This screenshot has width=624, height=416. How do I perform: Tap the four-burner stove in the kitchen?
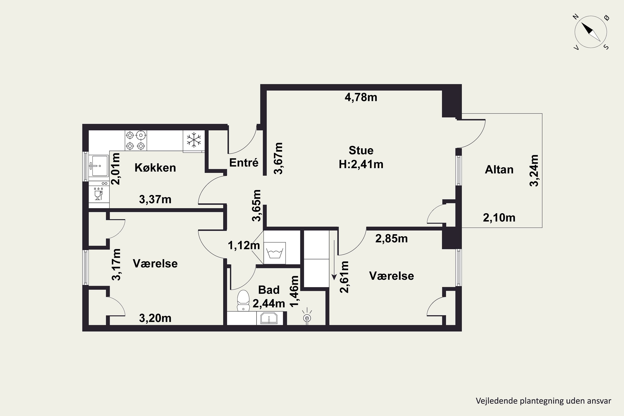coord(136,141)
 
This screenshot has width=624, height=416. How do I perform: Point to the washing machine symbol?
coord(275,253)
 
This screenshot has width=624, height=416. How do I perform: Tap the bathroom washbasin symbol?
coord(269,318)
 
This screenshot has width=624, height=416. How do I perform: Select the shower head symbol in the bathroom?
coord(307,317)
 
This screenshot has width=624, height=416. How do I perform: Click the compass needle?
coord(591,32)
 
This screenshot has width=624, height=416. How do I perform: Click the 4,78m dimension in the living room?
coord(361,97)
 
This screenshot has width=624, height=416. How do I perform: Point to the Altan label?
coord(499,170)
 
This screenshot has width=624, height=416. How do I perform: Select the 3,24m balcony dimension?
coord(534,171)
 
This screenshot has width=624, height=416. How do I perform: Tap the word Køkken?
coord(155,168)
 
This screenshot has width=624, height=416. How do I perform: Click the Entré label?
coord(244,163)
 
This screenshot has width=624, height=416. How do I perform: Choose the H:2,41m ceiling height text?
coord(361,165)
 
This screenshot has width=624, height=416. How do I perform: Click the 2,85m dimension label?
coord(391,239)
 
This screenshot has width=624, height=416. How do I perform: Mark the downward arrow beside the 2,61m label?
coord(334,260)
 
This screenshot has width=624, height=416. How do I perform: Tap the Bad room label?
coord(269,290)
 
